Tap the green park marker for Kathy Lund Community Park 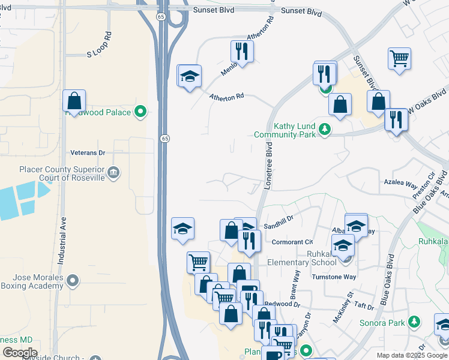pos(325,128)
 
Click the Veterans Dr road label pos(88,152)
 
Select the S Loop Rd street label pos(99,44)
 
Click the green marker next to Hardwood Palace pos(140,112)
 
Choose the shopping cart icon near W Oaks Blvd pos(399,59)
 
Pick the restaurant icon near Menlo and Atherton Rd pos(242,51)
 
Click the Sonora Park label pos(382,323)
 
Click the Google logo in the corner pos(20,352)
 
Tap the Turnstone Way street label pos(334,277)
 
